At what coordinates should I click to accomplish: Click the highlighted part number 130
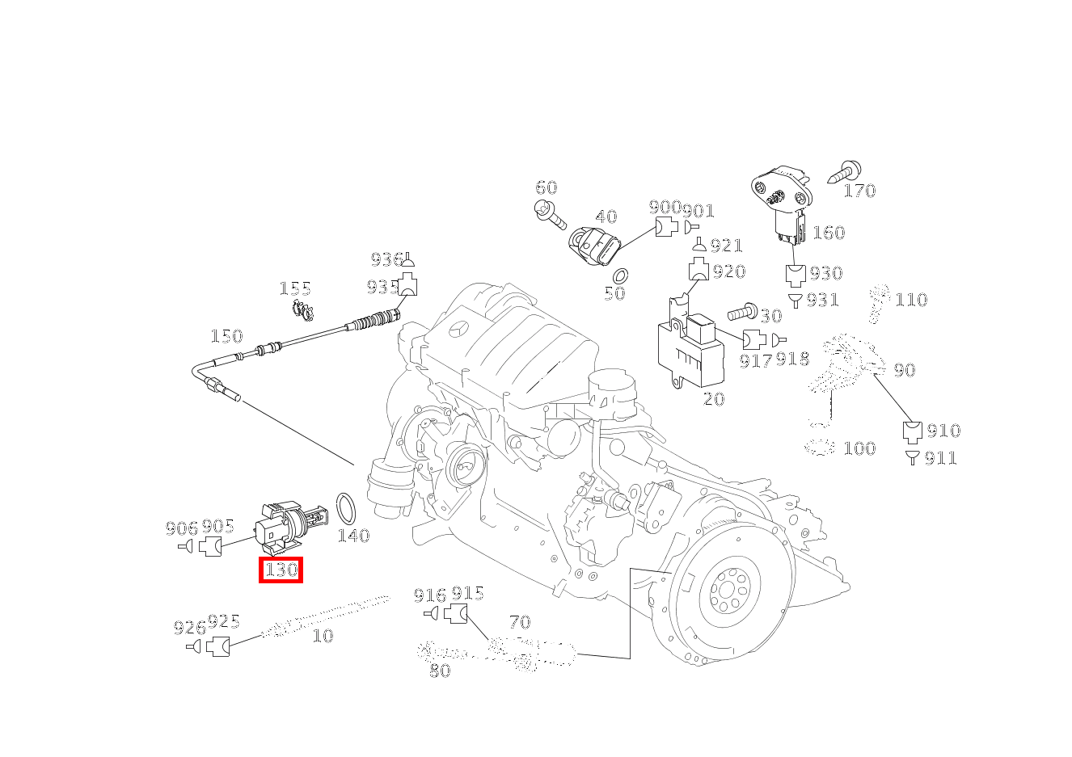[281, 570]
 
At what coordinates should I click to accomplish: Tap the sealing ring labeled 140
[346, 508]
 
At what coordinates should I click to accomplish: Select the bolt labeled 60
[550, 213]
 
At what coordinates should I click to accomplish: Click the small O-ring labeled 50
[621, 275]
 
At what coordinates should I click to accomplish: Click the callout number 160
[828, 233]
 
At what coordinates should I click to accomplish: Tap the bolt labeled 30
[741, 311]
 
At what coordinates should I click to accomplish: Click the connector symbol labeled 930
[796, 275]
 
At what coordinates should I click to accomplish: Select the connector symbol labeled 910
[913, 431]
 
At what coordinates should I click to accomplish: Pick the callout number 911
[940, 458]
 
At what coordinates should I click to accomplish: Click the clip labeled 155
[302, 309]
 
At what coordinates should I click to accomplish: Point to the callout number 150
[226, 336]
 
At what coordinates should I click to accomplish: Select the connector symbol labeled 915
[457, 614]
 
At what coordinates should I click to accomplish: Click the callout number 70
[520, 622]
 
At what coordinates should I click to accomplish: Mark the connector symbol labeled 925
[217, 646]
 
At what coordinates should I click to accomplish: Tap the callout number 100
[859, 448]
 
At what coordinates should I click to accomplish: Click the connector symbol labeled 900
[666, 228]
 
